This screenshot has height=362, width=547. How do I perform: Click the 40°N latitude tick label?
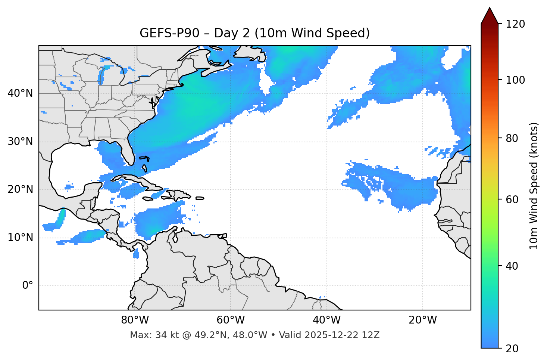coord(20,93)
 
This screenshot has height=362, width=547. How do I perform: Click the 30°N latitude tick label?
coord(20,142)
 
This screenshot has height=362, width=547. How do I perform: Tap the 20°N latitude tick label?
coord(20,189)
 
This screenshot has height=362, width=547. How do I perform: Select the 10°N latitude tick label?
coord(20,238)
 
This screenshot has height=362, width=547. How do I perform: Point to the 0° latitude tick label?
coord(27,286)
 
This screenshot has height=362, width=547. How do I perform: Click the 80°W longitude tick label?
coord(135,320)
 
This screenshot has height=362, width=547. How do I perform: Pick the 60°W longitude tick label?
coord(231,320)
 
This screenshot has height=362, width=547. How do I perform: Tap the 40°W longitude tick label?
coord(326,320)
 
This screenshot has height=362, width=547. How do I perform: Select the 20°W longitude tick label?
coord(422,320)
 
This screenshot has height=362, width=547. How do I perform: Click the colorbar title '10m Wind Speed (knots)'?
coord(534,186)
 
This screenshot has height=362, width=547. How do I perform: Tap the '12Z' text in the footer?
coord(372,335)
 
